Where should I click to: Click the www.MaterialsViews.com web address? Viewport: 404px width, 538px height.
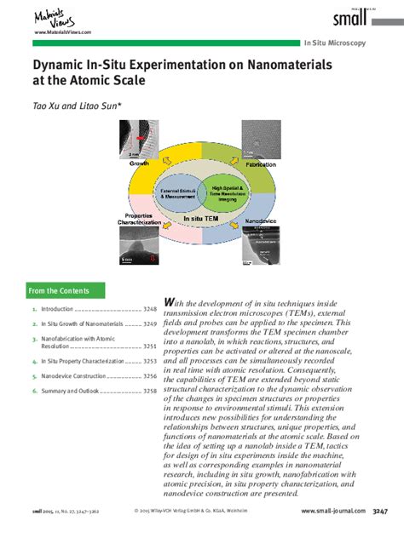[62, 31]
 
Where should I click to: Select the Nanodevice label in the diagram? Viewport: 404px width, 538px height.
[262, 222]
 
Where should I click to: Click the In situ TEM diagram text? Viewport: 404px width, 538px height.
[202, 219]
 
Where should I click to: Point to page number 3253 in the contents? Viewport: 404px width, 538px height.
[149, 361]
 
